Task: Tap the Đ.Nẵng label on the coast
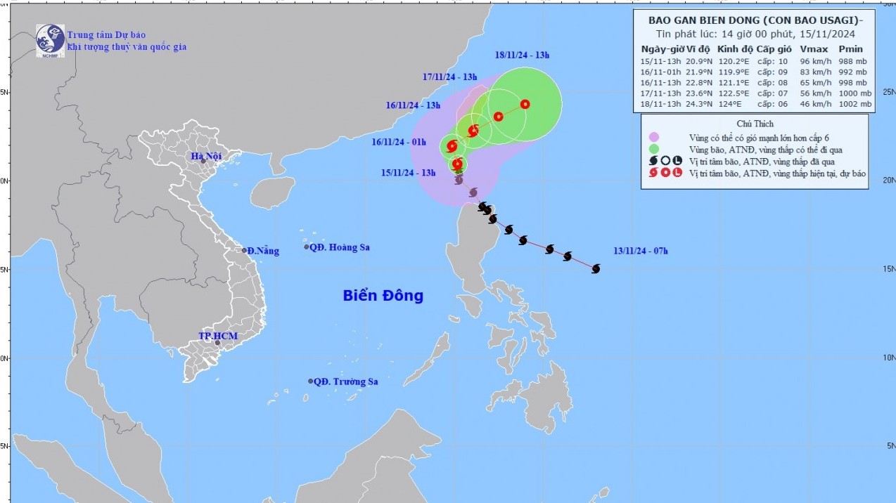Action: click(x=264, y=251)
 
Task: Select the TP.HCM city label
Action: click(x=217, y=336)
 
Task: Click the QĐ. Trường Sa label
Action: click(x=345, y=381)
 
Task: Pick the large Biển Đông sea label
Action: click(x=383, y=296)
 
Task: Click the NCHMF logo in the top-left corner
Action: click(x=50, y=39)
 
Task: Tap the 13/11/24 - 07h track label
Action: click(x=640, y=251)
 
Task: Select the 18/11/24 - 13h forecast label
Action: click(x=521, y=55)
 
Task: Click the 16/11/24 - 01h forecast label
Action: click(x=399, y=142)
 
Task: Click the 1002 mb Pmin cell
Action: click(x=855, y=104)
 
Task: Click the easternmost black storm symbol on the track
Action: click(x=596, y=268)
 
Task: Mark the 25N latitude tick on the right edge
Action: click(x=888, y=92)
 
